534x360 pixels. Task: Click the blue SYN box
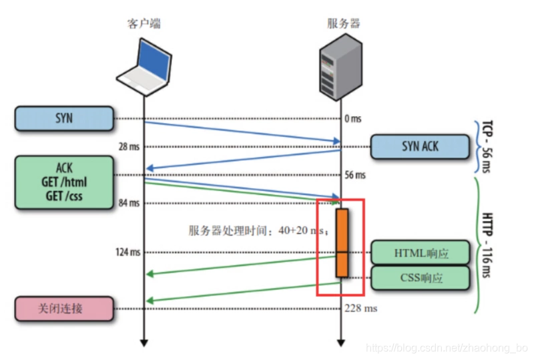tap(63, 118)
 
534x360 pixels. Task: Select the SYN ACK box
tap(420, 146)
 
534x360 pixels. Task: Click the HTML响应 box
tap(421, 253)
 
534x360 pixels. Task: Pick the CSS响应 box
tap(421, 278)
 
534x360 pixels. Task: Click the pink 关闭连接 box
tap(63, 309)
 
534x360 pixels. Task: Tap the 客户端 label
tap(144, 23)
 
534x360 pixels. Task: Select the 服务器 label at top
tap(343, 23)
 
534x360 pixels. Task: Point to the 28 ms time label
tap(127, 146)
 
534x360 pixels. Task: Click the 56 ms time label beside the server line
tap(355, 175)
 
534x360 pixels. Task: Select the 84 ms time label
tap(127, 203)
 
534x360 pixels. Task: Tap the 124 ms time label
tap(126, 252)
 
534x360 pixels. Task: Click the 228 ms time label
tap(360, 309)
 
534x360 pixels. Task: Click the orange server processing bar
tap(342, 242)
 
